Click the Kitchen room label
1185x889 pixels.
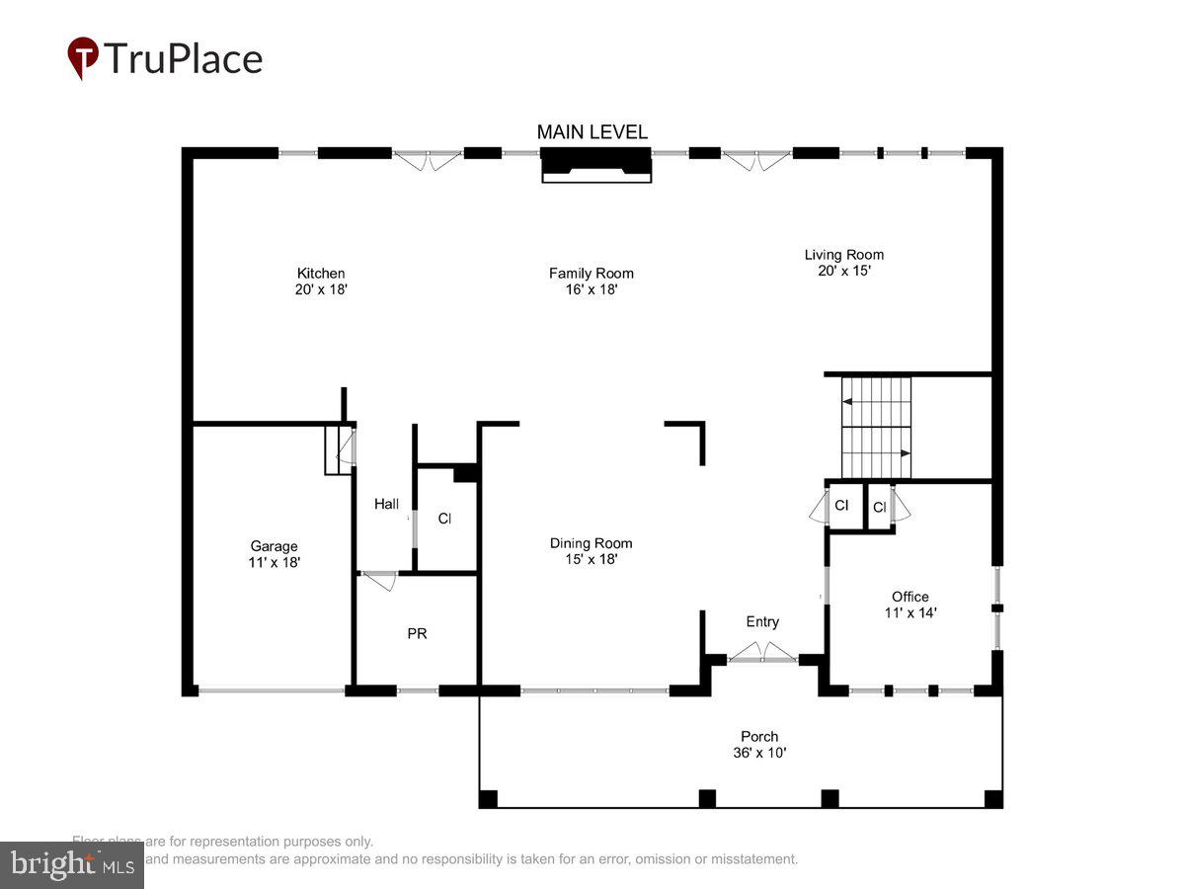(x=321, y=274)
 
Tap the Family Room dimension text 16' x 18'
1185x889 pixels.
(x=591, y=290)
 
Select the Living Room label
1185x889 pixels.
(x=843, y=254)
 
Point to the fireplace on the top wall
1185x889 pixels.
(x=595, y=164)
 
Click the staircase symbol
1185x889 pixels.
(x=876, y=427)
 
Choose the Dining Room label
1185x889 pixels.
(x=591, y=543)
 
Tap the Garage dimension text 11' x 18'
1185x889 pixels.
(x=274, y=562)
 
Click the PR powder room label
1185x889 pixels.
(x=417, y=633)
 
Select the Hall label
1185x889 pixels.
(x=386, y=504)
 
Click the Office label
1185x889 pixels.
(x=909, y=597)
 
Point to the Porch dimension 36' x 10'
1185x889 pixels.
(x=759, y=753)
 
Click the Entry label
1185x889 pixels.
(x=761, y=621)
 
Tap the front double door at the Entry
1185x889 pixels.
(x=762, y=654)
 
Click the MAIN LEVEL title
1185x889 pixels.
(x=592, y=131)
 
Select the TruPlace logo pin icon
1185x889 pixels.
(x=83, y=57)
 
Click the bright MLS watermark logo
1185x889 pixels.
(x=71, y=865)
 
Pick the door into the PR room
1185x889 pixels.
(x=379, y=579)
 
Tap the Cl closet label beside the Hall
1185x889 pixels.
(x=444, y=518)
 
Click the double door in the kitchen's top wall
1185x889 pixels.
(x=427, y=158)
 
